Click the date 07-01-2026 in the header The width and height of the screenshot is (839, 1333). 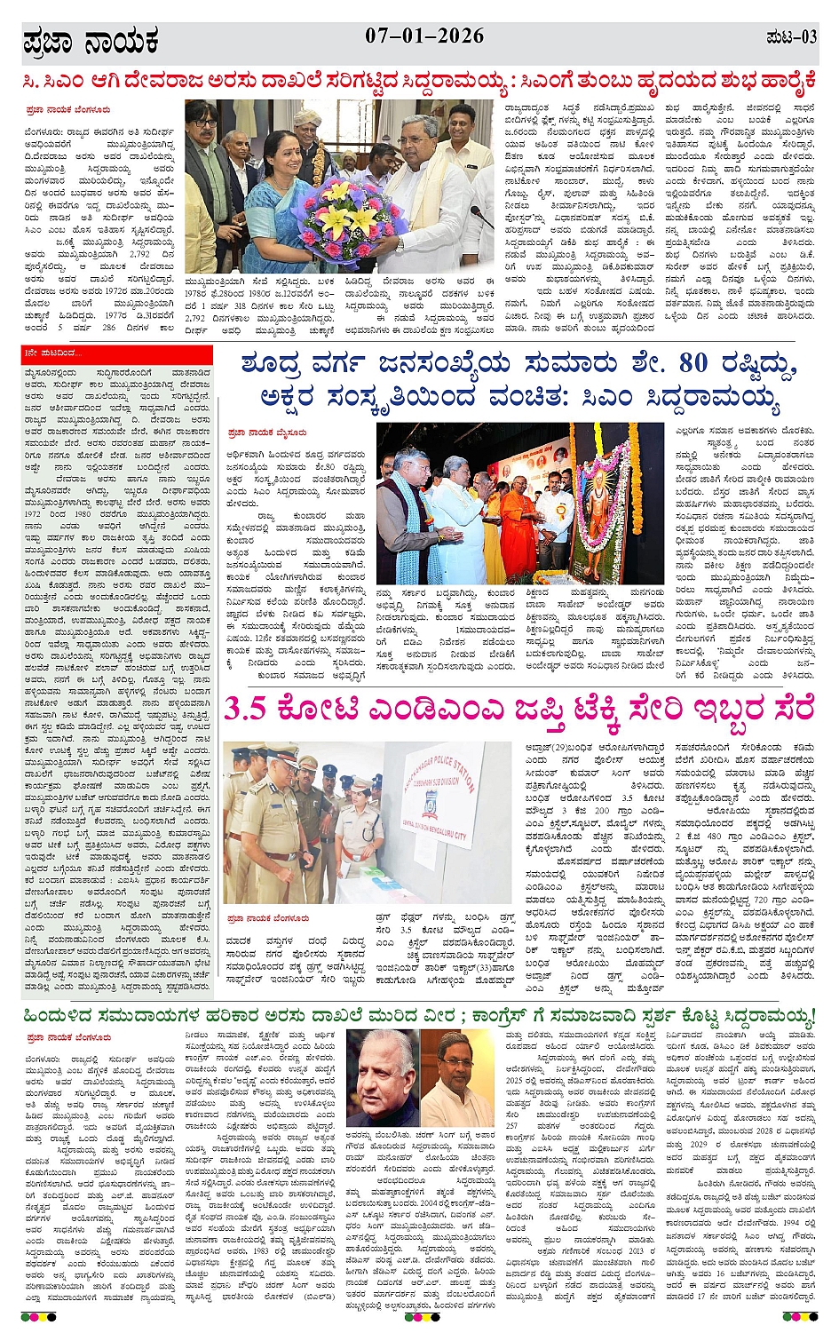[424, 36]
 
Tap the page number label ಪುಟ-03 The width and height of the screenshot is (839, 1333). [789, 37]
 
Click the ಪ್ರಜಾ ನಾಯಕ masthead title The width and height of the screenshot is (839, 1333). [92, 41]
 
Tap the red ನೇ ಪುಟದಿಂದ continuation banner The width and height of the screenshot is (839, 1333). [117, 353]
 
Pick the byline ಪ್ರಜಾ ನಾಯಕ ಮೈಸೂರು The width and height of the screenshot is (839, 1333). [267, 432]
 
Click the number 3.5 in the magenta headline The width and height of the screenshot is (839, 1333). [244, 710]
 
